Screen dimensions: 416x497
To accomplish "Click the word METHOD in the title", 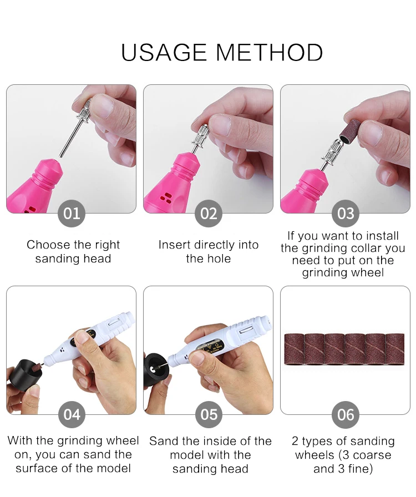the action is tap(270, 52).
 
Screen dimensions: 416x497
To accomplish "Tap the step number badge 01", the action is tap(72, 214).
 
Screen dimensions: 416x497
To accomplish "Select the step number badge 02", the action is tap(209, 214).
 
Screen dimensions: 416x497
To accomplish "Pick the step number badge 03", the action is tap(346, 214).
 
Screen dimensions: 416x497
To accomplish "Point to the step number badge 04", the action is tap(72, 414).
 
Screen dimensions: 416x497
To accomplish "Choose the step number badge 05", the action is tap(209, 414).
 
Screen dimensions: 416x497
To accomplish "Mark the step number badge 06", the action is tap(346, 414).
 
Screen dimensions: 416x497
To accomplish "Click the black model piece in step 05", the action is tap(155, 370).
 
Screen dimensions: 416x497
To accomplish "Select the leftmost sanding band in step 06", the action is tap(294, 349).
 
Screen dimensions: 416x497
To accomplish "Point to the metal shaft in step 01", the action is tap(69, 139).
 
